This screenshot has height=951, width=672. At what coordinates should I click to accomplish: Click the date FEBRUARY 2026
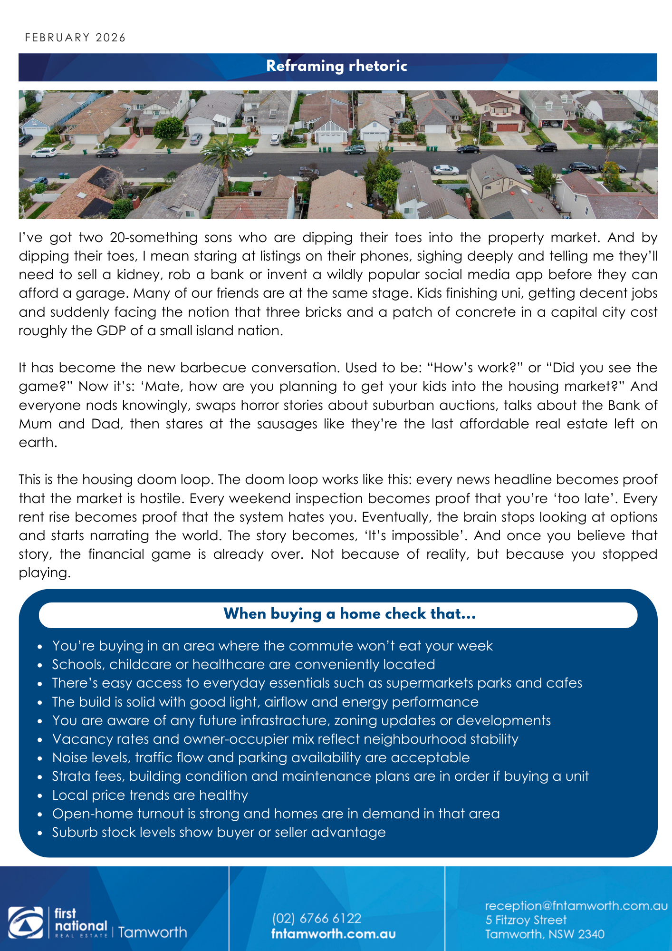tap(75, 38)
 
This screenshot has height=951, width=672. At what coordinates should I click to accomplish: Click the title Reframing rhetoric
tap(336, 66)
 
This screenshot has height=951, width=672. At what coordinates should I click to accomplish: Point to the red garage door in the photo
tap(507, 127)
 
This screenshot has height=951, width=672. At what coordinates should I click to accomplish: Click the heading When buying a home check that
tap(349, 614)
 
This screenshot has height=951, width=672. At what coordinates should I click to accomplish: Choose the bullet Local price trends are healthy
tap(150, 795)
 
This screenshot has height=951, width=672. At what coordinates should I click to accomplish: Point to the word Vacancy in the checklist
tap(76, 739)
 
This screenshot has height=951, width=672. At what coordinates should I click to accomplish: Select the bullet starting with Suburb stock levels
tap(219, 833)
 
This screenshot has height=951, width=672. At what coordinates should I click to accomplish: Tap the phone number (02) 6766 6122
tap(317, 918)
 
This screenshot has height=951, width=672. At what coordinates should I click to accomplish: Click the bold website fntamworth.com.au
tap(333, 934)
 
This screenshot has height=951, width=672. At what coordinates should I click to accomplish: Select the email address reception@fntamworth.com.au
tap(576, 906)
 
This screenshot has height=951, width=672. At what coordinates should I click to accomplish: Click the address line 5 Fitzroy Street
tap(526, 920)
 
